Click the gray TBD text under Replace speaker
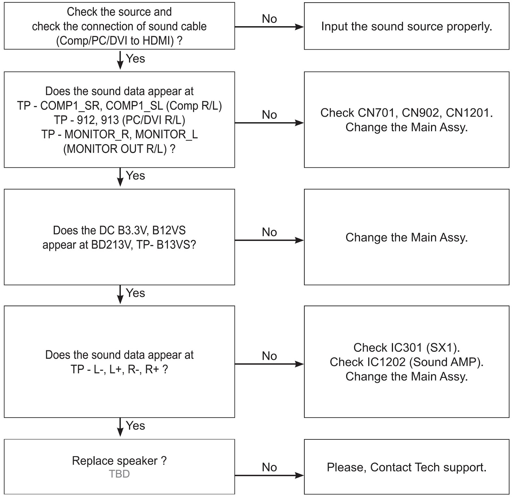click(119, 474)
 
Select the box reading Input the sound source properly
click(406, 26)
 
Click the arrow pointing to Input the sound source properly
click(269, 27)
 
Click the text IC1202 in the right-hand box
click(387, 362)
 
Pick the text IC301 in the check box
click(404, 348)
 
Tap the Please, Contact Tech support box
click(406, 467)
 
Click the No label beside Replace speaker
click(269, 467)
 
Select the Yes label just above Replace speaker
click(135, 426)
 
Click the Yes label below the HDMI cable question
click(135, 59)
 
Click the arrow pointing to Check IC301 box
click(269, 364)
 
